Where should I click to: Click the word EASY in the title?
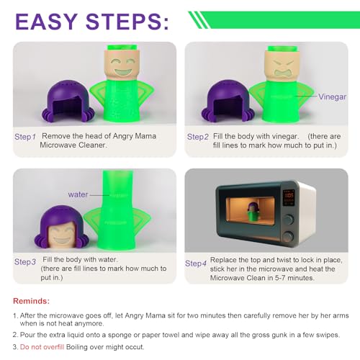[46, 22]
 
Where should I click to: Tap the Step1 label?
[25, 137]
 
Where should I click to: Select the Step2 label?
[198, 137]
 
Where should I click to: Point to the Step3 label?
[25, 261]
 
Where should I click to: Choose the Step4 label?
[196, 264]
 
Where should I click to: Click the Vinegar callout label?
[332, 96]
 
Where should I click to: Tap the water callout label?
[78, 194]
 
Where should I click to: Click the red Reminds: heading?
[32, 301]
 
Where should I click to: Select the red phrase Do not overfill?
[42, 347]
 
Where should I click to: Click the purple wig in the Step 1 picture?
[68, 101]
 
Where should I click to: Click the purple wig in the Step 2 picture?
[228, 101]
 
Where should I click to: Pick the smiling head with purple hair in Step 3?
[62, 227]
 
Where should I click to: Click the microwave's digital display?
[289, 198]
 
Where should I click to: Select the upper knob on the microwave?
[289, 219]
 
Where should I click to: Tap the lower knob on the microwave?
[288, 236]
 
